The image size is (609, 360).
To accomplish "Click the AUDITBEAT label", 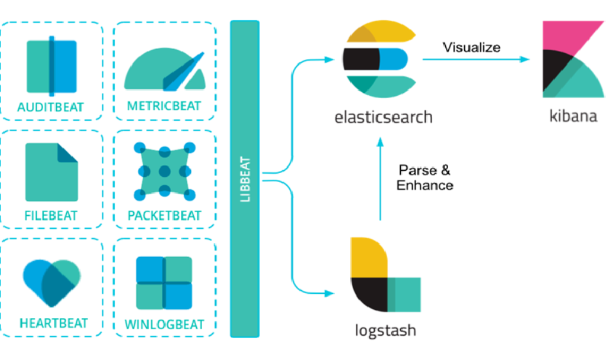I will coord(51,108).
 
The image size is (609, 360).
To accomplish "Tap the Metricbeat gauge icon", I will coord(164,69).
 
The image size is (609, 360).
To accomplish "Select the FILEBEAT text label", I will coord(51,215).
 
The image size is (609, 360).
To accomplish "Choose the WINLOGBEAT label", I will coord(164,324).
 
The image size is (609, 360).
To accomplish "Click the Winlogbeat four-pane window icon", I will coord(164,283).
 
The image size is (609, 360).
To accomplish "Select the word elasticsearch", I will coord(383,116).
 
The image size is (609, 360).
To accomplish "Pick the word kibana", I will coord(573,115).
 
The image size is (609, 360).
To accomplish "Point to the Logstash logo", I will coord(384,275).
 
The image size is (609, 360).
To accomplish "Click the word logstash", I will coord(385,329).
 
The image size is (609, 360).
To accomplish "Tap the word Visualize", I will coord(472,47).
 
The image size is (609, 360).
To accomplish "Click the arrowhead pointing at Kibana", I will coord(524,59).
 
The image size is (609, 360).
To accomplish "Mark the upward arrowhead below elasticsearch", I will coord(380,141).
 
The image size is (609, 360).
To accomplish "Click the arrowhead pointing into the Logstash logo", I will coord(331,293).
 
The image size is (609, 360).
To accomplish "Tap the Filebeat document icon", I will coord(51,171).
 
